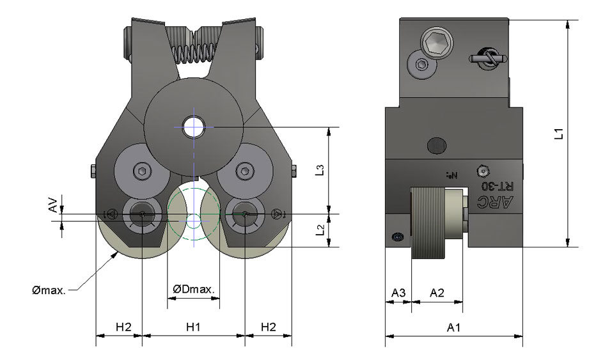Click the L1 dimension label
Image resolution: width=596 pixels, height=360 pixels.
click(558, 134)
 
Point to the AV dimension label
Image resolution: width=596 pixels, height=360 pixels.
click(54, 205)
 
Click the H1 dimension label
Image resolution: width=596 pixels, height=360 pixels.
click(194, 327)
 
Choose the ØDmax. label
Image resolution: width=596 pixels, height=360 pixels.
click(194, 290)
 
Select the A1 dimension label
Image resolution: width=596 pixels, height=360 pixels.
click(455, 327)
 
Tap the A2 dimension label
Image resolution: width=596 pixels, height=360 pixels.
click(437, 293)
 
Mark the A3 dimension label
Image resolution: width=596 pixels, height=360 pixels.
click(398, 293)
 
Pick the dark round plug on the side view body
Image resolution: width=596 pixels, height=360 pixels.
click(436, 145)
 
